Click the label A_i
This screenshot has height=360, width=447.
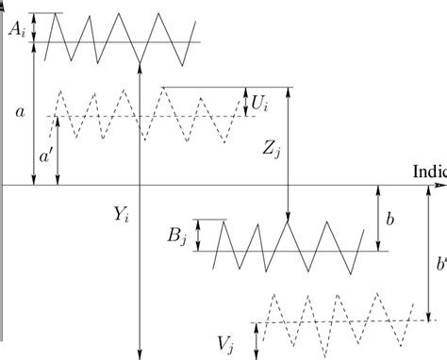click(16, 28)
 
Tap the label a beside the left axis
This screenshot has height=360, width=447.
click(20, 111)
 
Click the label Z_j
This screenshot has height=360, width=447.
click(272, 149)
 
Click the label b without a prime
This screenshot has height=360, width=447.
click(390, 218)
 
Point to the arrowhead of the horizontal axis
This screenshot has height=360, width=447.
click(441, 186)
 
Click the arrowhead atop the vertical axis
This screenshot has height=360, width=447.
click(5, 5)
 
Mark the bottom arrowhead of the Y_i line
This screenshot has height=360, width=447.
click(140, 353)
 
